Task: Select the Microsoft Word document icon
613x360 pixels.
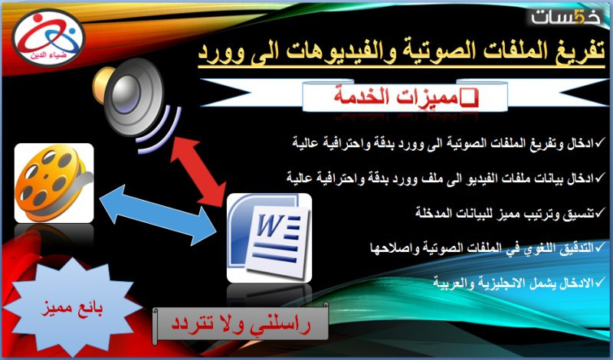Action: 270,238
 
